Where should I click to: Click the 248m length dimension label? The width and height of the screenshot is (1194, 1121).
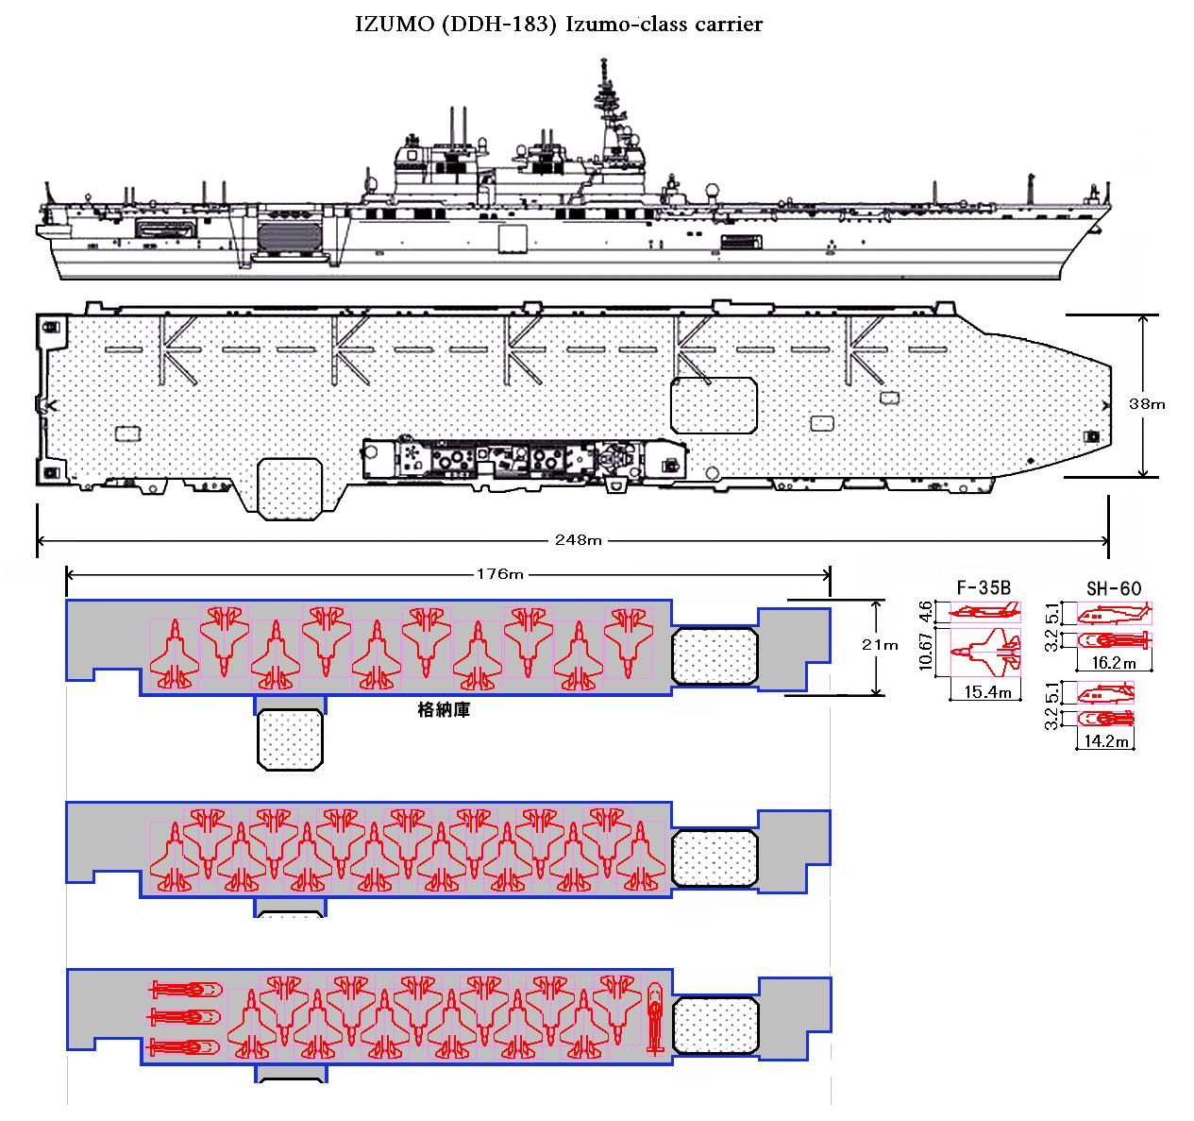(578, 540)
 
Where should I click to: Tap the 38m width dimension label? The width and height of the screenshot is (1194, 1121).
(1147, 404)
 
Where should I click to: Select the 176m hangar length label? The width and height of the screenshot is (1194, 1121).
(499, 574)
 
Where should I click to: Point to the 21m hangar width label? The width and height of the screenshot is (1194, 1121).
(880, 645)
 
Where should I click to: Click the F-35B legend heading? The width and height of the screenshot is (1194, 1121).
(984, 587)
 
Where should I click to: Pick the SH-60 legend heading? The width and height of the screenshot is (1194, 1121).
(1114, 588)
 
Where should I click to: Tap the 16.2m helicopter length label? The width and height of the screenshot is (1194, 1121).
(1114, 663)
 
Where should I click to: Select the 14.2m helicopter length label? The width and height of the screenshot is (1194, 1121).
(1105, 741)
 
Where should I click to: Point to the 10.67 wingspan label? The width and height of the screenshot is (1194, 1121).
(925, 651)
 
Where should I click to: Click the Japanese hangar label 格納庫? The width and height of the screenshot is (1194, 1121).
(444, 710)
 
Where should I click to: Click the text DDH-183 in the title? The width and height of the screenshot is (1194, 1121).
(498, 24)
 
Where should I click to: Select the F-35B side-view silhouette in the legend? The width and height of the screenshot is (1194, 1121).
(984, 612)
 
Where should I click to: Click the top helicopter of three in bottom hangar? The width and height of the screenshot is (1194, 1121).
(185, 989)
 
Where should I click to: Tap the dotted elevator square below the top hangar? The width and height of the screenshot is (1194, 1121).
(290, 739)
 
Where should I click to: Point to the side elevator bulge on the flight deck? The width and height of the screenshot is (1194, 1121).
(290, 488)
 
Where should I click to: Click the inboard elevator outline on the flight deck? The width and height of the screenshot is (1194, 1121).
(714, 405)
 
